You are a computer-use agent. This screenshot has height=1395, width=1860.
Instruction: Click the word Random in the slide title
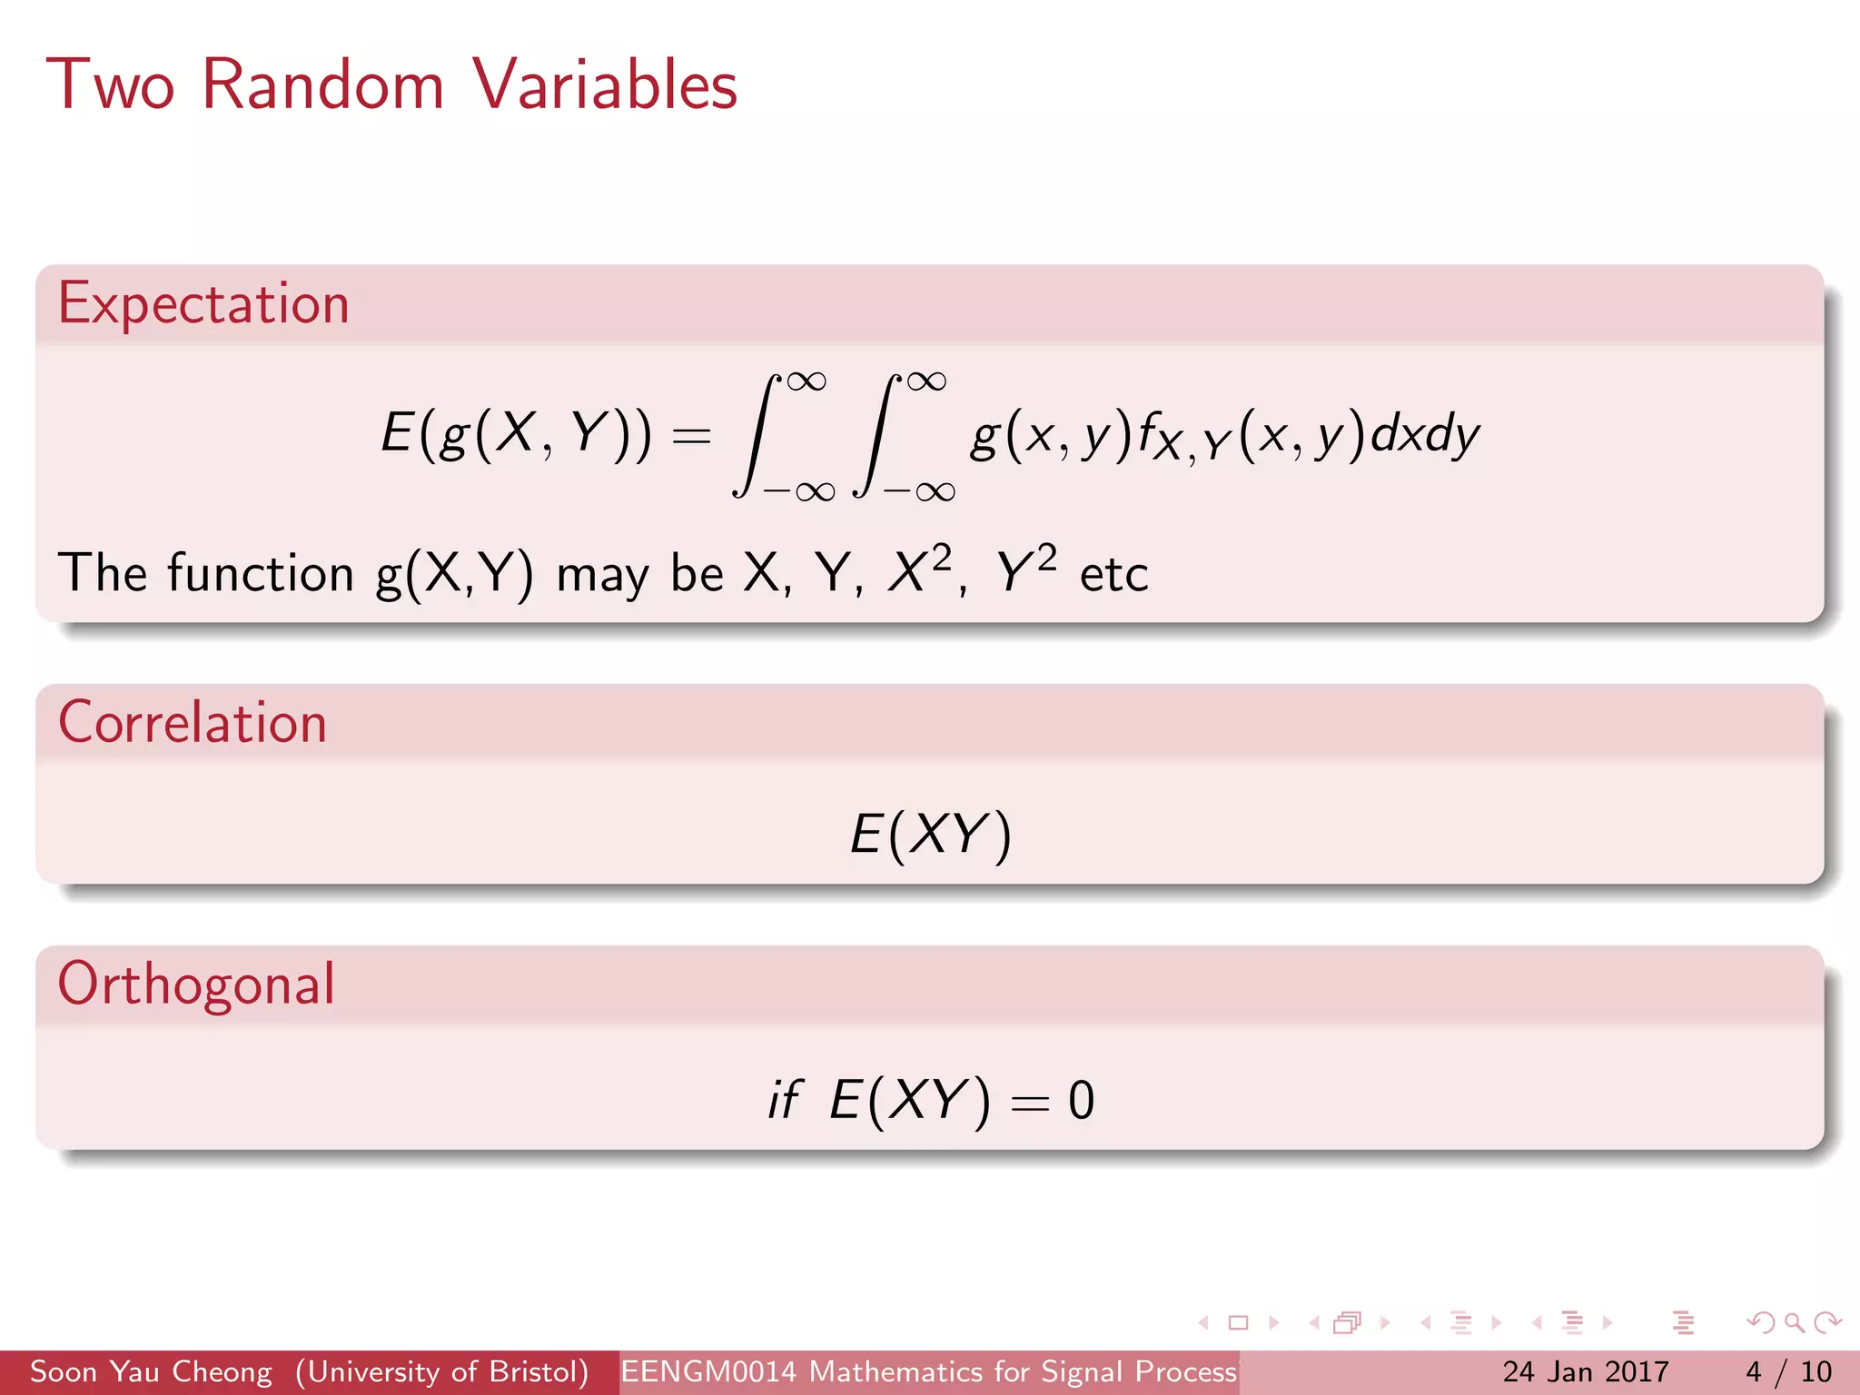(x=322, y=85)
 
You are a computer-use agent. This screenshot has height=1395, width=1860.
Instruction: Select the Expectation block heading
(x=203, y=304)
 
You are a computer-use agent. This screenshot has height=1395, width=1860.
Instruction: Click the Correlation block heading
(x=192, y=723)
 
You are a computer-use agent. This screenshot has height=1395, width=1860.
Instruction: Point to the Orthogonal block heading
(x=196, y=984)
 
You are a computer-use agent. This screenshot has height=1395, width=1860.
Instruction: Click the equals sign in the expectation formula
(x=690, y=437)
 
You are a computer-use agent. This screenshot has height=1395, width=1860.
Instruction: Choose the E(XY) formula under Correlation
(x=929, y=834)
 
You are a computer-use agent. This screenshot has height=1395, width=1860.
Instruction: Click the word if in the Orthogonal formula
(x=784, y=1100)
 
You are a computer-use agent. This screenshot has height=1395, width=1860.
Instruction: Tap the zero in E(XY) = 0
(x=1081, y=1101)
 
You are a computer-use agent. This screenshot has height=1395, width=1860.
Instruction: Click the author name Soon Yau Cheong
(x=151, y=1371)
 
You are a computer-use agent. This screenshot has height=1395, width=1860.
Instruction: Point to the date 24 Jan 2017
(x=1585, y=1371)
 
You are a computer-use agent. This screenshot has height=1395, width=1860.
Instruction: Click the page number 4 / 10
(x=1788, y=1371)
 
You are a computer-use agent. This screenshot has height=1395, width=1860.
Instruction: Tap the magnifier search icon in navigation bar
(x=1794, y=1323)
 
